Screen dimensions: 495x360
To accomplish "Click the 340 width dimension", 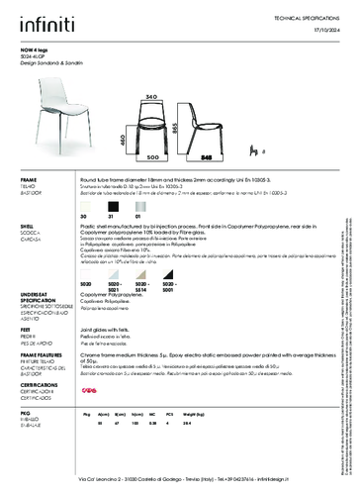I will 151,96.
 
